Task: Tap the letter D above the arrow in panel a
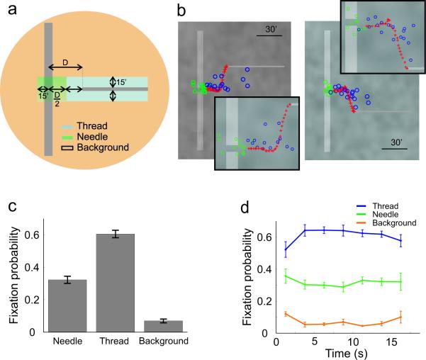[63, 64]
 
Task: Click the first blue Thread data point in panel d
[286, 249]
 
